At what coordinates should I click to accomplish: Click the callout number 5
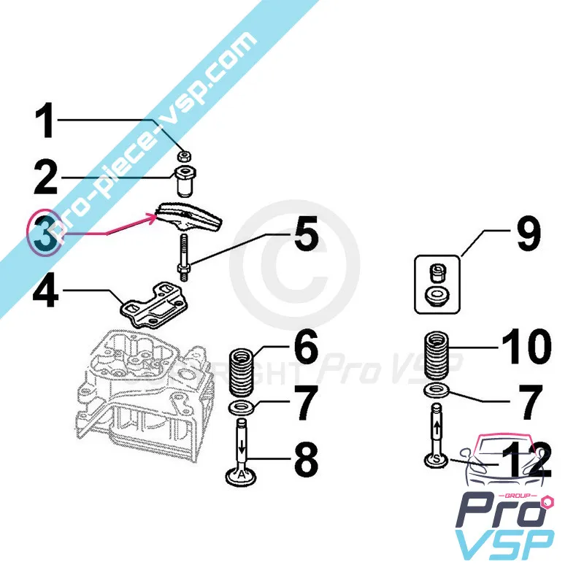tap(306, 237)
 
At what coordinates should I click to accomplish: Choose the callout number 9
tap(526, 235)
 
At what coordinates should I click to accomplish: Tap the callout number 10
tap(526, 347)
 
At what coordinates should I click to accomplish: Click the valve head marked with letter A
tap(242, 476)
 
